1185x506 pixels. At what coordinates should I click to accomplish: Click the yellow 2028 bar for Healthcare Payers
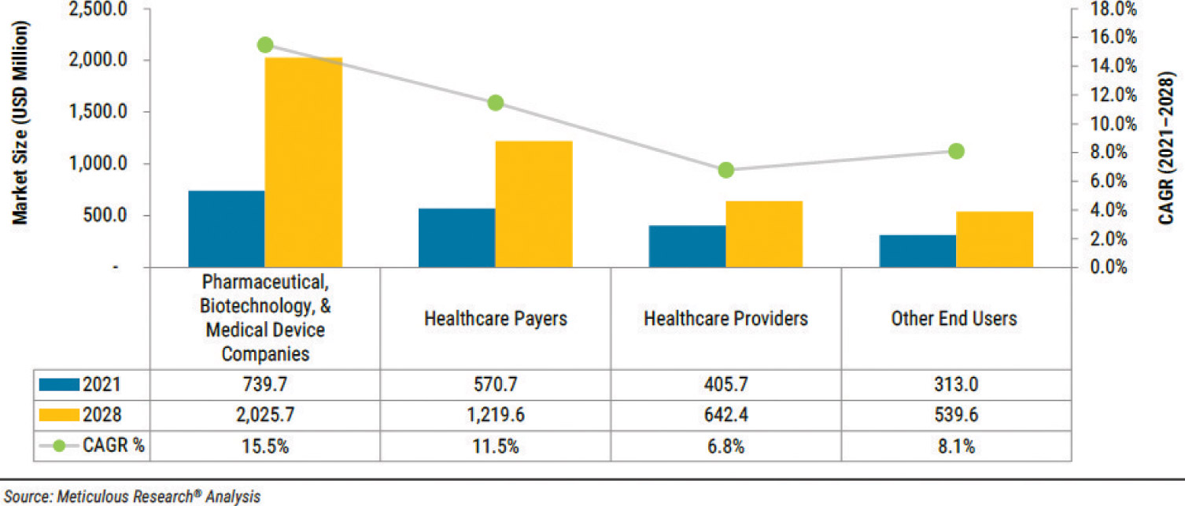tap(533, 205)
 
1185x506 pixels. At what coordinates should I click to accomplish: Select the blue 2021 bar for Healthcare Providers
tap(687, 246)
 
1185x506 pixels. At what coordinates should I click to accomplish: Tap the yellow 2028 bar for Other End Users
tap(995, 239)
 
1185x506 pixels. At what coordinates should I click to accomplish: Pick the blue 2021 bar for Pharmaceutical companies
tap(227, 229)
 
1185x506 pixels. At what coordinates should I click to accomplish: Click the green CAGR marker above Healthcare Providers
tap(725, 170)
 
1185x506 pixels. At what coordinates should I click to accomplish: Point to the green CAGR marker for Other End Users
tap(956, 151)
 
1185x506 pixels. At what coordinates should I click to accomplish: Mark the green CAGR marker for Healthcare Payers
tap(495, 102)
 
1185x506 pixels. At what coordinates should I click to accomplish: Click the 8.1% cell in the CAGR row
tap(955, 446)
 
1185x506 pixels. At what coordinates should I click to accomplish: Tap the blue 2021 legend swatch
tap(59, 385)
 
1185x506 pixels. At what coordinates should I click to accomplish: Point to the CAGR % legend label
tap(113, 446)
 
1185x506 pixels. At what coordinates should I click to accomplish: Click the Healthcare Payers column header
tap(496, 319)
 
